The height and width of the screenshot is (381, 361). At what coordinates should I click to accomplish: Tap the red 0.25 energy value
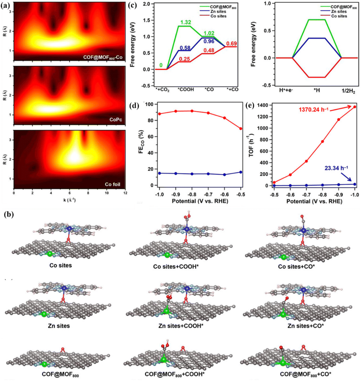tap(184, 59)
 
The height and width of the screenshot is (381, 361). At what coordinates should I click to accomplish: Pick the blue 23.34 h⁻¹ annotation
tap(336, 168)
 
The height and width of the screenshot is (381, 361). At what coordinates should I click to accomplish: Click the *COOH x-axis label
tap(186, 90)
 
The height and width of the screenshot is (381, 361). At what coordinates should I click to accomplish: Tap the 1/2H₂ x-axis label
tap(349, 92)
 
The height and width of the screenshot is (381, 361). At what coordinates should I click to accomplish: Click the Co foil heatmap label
tap(112, 184)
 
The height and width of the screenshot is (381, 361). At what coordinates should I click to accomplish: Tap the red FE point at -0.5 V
tap(241, 129)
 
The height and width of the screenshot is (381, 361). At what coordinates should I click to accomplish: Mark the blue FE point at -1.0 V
tap(160, 173)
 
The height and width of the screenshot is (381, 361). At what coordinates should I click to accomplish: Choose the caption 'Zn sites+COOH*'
tap(181, 326)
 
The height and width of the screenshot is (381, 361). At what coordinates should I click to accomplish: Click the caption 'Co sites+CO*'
tap(296, 267)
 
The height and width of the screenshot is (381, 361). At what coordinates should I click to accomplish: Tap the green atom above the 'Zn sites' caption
tap(44, 314)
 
